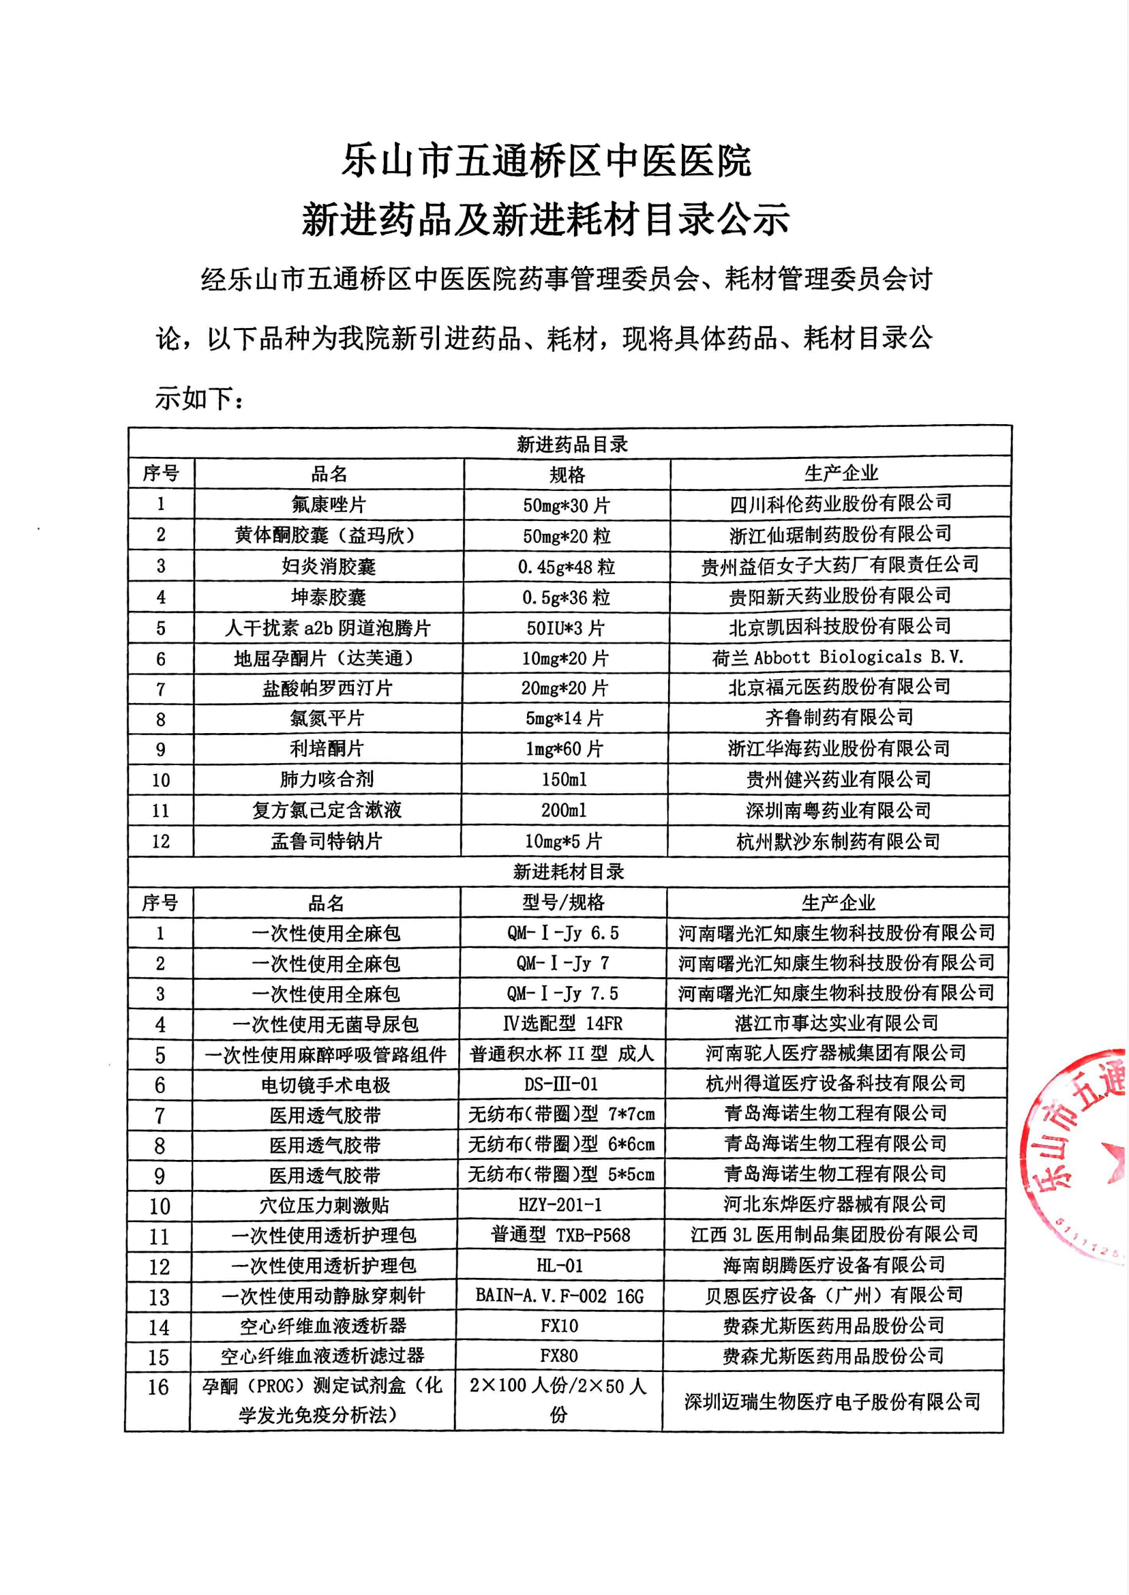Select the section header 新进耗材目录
pos(568,872)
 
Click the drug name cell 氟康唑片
pos(329,505)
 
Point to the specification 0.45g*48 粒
pos(566,567)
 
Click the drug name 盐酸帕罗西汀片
pos(327,688)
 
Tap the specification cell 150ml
pos(564,779)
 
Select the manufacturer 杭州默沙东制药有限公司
pos(838,841)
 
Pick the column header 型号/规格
pos(563,902)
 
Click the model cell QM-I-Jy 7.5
pos(562,994)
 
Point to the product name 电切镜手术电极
pos(325,1085)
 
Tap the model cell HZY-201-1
pos(560,1205)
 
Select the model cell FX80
pos(559,1355)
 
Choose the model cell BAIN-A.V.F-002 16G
pos(560,1296)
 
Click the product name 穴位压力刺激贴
pos(325,1205)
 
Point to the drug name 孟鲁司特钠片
pos(327,841)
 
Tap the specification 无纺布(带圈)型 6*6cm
pos(561,1144)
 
